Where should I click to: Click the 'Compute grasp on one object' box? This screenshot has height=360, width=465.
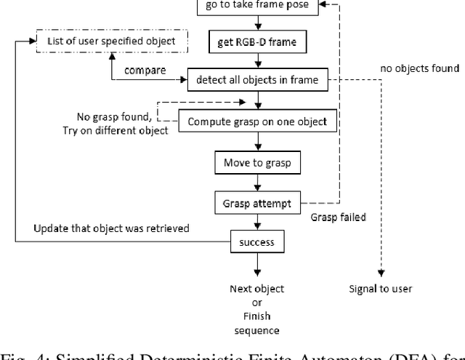coord(258,121)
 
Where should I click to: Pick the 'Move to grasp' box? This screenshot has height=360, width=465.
coord(256,162)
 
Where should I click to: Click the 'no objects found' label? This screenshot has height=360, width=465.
coord(419,69)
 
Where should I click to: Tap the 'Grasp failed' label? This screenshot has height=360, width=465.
coord(339,217)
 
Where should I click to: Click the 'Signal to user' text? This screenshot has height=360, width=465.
coord(380,289)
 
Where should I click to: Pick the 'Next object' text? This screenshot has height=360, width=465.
coord(256,289)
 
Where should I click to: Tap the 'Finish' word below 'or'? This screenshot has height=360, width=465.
coord(256,316)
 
